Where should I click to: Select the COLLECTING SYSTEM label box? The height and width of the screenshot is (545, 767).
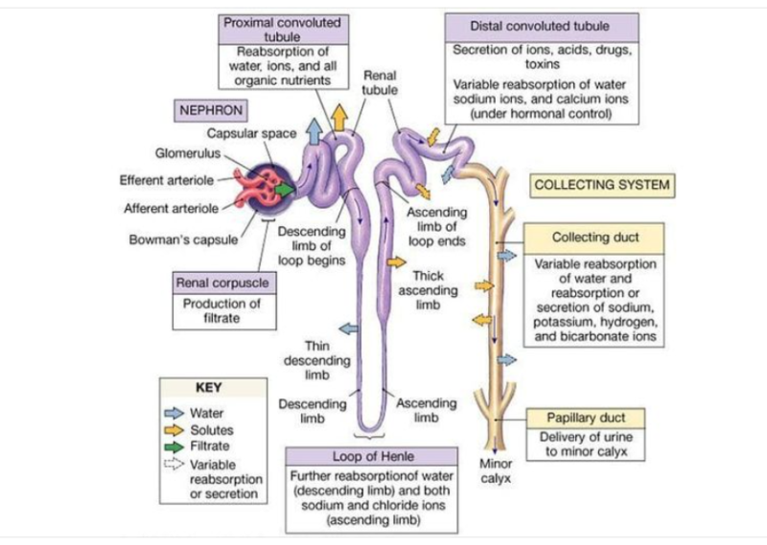602,185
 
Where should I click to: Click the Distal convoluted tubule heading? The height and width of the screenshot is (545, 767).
540,25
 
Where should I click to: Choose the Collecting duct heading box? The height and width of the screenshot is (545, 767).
594,237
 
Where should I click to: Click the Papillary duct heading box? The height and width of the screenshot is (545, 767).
585,419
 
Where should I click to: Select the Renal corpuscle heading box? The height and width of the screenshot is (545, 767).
221,284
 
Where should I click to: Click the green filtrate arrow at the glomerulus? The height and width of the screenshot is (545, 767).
285,189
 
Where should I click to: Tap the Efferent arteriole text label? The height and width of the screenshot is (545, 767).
165,179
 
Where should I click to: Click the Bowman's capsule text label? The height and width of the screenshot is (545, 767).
182,239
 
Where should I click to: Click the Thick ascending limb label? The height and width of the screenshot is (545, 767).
428,290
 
